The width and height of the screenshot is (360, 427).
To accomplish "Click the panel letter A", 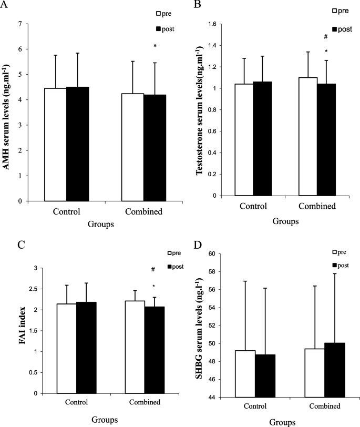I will point(5,6).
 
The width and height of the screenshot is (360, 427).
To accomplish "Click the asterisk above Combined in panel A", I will point(155,46).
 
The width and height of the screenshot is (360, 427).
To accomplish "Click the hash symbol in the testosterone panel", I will point(326,37).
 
